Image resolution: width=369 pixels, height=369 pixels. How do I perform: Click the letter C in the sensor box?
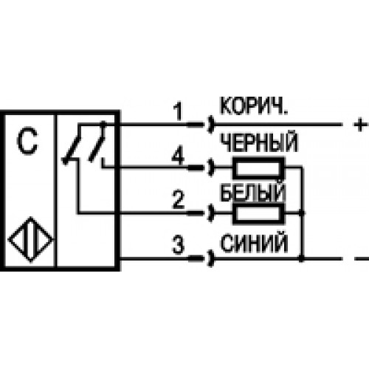click(27, 140)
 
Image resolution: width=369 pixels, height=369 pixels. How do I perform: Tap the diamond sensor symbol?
click(30, 239)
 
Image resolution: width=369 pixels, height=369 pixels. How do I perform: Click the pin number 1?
click(178, 111)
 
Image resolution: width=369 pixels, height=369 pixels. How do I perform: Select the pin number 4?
click(178, 156)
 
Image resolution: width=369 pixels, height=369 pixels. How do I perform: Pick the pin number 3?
click(179, 244)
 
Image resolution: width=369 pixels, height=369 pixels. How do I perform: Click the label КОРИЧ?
click(254, 106)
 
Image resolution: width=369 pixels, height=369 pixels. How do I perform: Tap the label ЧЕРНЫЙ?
click(259, 142)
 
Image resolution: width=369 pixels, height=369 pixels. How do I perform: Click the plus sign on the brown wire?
click(361, 125)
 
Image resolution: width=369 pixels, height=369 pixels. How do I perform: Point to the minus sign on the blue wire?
click(362, 259)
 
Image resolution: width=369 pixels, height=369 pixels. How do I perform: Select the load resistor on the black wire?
click(258, 168)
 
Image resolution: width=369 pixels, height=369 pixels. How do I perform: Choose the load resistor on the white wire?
click(258, 213)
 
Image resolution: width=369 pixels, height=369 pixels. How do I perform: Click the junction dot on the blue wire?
click(302, 258)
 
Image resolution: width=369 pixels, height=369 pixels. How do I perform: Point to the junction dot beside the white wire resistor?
click(302, 213)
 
